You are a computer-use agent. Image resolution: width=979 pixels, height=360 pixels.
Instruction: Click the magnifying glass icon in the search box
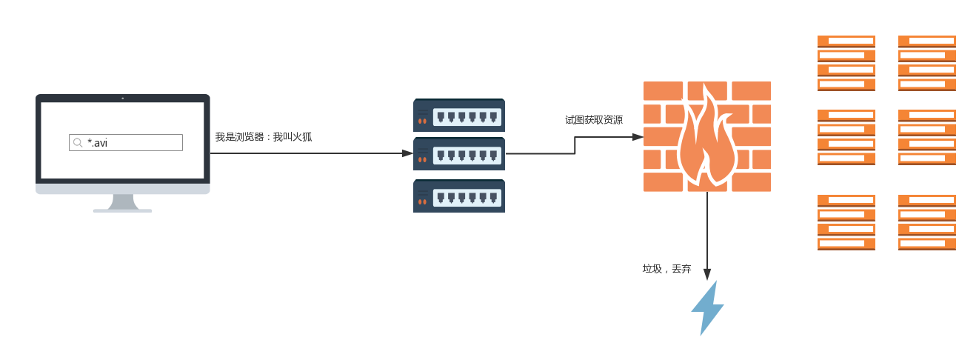[x=78, y=143]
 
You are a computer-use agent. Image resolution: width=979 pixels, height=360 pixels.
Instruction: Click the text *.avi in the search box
[x=97, y=143]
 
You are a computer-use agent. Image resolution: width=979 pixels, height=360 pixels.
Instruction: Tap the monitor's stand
[x=123, y=203]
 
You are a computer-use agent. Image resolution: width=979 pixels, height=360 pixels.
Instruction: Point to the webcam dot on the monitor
[x=122, y=99]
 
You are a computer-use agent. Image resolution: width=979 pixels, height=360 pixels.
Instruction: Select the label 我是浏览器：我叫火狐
[x=264, y=137]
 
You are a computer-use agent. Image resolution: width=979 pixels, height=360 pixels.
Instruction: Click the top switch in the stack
[x=459, y=115]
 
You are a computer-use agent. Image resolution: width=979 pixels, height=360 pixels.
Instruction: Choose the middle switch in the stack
[x=459, y=153]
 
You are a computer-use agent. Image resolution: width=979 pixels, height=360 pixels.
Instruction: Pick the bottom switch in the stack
[x=459, y=196]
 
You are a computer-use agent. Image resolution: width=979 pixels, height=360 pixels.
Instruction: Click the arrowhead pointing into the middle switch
[x=408, y=153]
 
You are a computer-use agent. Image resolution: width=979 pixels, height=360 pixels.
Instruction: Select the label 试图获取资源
[x=593, y=120]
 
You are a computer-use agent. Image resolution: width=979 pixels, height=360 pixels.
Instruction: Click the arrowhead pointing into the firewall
[x=638, y=137]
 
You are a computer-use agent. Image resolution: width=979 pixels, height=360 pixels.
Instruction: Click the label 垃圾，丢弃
[x=666, y=269]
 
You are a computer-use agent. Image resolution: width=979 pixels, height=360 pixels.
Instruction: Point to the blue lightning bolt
[x=707, y=308]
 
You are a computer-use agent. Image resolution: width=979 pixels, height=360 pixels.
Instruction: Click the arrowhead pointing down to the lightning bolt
[x=707, y=274]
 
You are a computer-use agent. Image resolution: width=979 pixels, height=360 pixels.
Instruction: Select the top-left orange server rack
[x=846, y=64]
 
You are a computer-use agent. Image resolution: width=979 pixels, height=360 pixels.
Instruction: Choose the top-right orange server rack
[x=927, y=64]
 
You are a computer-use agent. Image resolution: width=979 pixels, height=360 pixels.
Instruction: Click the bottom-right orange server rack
[x=927, y=223]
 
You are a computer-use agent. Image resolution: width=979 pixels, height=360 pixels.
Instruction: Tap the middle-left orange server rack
[x=846, y=137]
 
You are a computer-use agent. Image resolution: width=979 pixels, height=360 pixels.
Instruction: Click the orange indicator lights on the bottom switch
[x=422, y=201]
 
